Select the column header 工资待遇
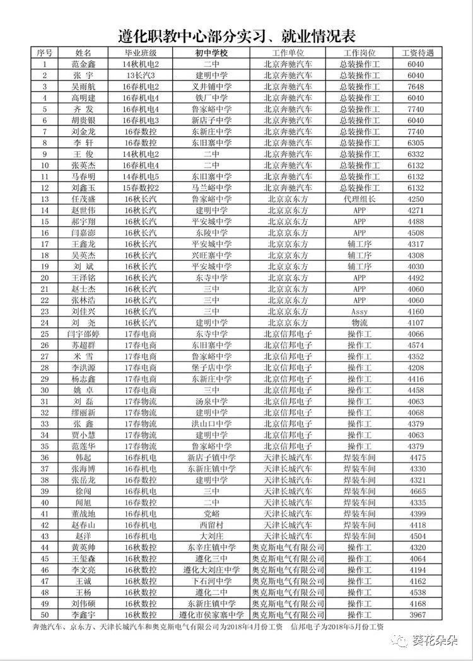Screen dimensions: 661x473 418,53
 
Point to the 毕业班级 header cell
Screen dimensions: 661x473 140,53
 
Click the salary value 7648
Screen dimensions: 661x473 416,86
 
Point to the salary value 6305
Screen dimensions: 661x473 416,142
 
